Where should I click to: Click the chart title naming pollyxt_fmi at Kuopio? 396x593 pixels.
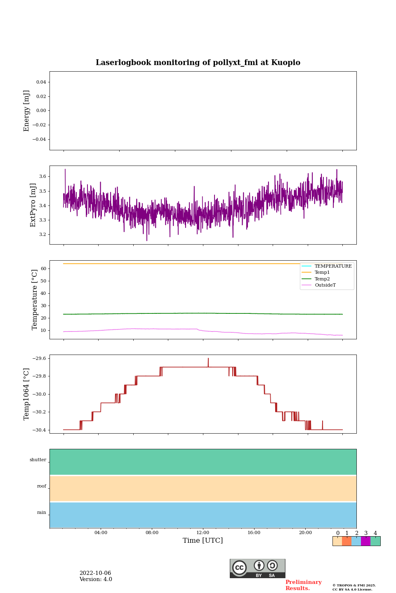tap(198, 63)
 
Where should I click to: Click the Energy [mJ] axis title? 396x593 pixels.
tap(27, 111)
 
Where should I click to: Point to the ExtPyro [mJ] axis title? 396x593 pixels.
tap(33, 205)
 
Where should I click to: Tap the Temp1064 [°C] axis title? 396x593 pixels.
tap(27, 394)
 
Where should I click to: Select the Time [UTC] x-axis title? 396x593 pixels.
tap(203, 540)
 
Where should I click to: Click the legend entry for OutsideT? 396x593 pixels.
tap(325, 285)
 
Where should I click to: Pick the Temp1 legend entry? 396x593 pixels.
tap(322, 273)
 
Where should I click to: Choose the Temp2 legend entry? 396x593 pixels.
tap(322, 279)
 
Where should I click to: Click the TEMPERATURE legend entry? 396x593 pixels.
tap(333, 266)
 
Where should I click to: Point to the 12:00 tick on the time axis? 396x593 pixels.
tap(203, 532)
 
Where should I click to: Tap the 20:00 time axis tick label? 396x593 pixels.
tap(305, 532)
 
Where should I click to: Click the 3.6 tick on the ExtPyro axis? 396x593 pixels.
tap(42, 176)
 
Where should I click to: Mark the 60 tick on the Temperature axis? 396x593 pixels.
tap(43, 268)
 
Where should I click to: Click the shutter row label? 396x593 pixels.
tap(38, 460)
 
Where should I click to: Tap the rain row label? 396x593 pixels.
tap(42, 513)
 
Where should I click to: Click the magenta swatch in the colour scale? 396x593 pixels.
tap(365, 541)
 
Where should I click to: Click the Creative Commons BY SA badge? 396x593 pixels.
tap(257, 568)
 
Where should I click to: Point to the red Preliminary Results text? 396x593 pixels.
tap(303, 585)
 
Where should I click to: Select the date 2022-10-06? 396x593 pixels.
tap(95, 573)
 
